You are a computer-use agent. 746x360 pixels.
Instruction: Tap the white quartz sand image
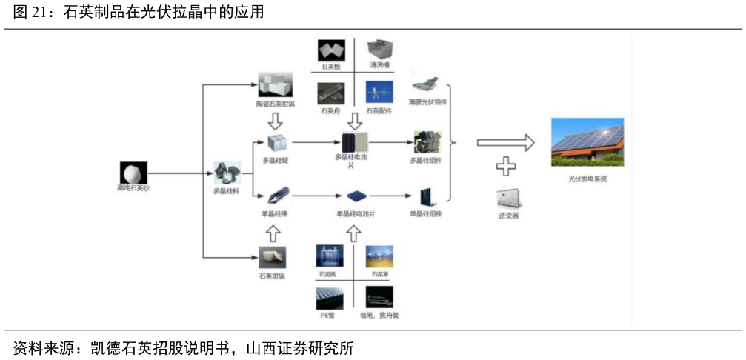click(x=133, y=173)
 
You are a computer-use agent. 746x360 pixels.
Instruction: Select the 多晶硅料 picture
click(x=227, y=173)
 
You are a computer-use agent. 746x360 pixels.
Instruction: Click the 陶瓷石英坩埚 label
click(x=275, y=104)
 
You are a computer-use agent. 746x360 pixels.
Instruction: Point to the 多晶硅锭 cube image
click(x=276, y=143)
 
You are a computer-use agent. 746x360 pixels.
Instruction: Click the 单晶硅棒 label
click(x=274, y=214)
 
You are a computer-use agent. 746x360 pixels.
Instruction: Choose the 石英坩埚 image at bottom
click(x=272, y=259)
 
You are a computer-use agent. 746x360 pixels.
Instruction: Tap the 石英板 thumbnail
click(x=330, y=50)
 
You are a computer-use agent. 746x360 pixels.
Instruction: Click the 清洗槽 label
click(x=379, y=66)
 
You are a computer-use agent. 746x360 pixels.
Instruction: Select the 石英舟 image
click(x=330, y=93)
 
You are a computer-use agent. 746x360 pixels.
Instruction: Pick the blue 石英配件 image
click(x=379, y=93)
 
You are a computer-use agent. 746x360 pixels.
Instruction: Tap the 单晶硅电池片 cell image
click(x=356, y=196)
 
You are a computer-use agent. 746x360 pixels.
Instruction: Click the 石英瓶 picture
click(x=330, y=256)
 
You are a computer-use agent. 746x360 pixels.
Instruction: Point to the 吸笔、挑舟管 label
click(x=379, y=315)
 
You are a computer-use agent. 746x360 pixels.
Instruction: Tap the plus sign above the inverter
click(x=506, y=167)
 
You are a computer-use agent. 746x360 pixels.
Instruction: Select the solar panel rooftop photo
click(x=587, y=142)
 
